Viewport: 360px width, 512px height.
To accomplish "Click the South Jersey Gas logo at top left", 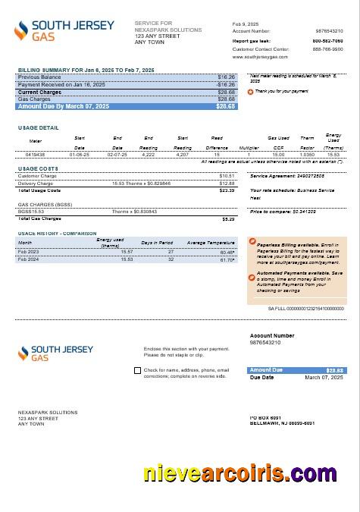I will [x=64, y=30].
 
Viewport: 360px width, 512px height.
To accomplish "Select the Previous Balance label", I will [x=39, y=77].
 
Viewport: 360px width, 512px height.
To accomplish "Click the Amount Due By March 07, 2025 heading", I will [x=63, y=106].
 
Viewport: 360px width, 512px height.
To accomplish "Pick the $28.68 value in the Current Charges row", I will [x=226, y=92].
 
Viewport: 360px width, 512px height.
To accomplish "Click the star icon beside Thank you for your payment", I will [x=251, y=91].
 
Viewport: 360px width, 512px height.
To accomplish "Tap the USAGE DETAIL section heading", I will [x=38, y=127].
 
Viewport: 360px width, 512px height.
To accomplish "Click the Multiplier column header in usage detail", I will [x=249, y=147].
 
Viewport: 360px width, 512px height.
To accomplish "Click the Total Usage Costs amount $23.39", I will [x=227, y=190].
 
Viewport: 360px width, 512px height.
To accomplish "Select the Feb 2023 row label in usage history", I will [x=29, y=251].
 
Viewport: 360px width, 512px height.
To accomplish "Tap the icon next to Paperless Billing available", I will [x=252, y=242].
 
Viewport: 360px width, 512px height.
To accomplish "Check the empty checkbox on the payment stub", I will [x=136, y=371].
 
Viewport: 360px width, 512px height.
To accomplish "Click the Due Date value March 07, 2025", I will [x=324, y=377].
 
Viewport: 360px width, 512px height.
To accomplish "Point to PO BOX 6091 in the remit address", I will [x=265, y=417].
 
